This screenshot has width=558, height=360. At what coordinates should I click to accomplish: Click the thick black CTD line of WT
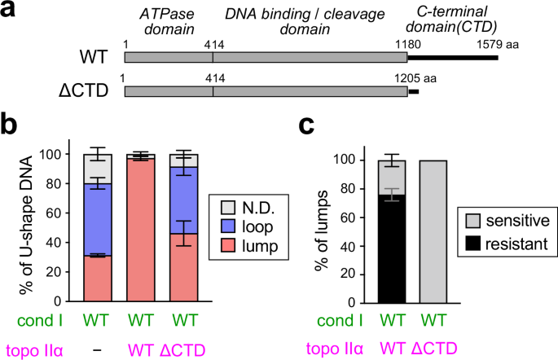tap(452, 59)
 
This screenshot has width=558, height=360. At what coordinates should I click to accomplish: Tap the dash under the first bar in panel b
tap(97, 349)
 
